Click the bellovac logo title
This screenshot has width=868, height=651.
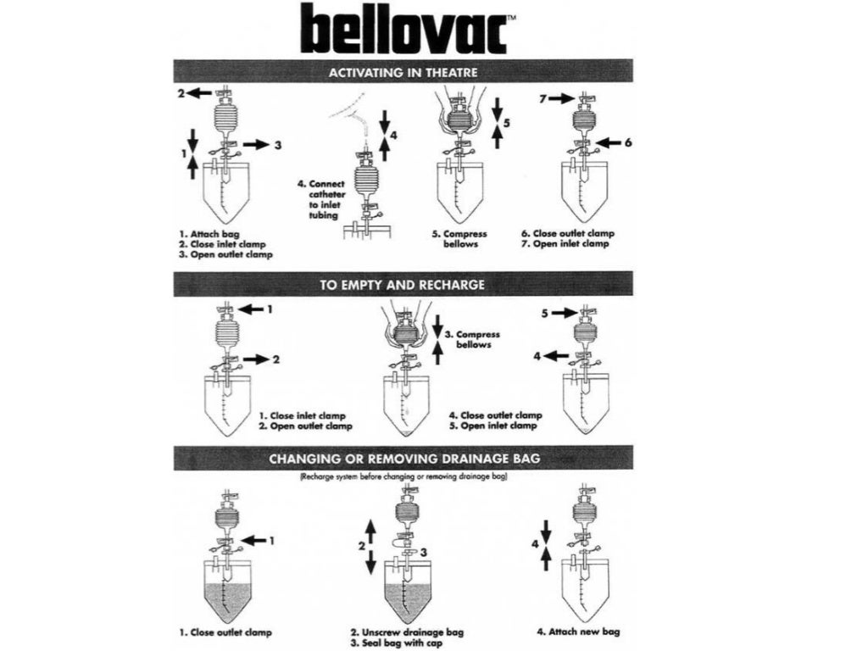[x=403, y=28]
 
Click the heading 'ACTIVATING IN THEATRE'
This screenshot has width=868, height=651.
[x=403, y=71]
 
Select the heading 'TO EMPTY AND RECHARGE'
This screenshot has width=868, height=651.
[x=403, y=285]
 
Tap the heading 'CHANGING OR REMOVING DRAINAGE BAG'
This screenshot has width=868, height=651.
[x=403, y=459]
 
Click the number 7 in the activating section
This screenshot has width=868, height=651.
[x=543, y=99]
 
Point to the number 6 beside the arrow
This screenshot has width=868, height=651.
[x=628, y=143]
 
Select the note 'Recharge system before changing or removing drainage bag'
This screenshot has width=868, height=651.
[x=403, y=478]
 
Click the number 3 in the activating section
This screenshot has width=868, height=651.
[x=277, y=145]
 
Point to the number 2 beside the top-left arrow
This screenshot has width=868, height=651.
[x=181, y=93]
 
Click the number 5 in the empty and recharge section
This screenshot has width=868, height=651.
[x=546, y=313]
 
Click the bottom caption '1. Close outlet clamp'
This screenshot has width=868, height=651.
[x=225, y=632]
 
